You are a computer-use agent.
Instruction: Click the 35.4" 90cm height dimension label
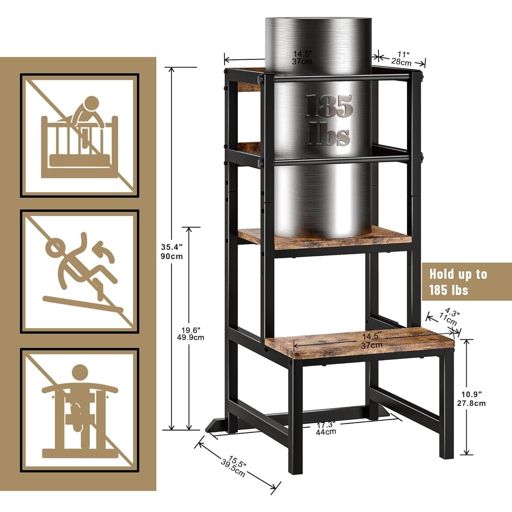pyautogui.click(x=172, y=251)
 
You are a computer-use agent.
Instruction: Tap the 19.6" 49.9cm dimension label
pyautogui.click(x=193, y=334)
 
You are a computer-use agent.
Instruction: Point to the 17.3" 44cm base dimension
pyautogui.click(x=325, y=428)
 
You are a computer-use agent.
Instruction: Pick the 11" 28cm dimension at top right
pyautogui.click(x=401, y=58)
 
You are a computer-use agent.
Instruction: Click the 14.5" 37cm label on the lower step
pyautogui.click(x=372, y=340)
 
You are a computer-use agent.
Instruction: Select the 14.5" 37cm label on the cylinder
pyautogui.click(x=302, y=57)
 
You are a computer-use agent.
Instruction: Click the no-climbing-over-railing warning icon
pyautogui.click(x=80, y=136)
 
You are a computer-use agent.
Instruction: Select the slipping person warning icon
pyautogui.click(x=80, y=271)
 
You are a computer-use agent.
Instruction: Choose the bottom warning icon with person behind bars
pyautogui.click(x=80, y=410)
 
